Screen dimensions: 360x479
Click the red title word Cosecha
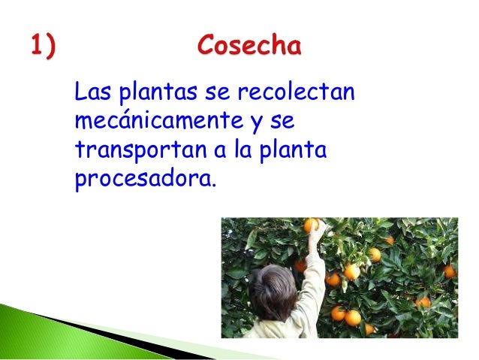click(x=249, y=47)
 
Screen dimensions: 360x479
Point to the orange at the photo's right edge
click(x=448, y=271)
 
